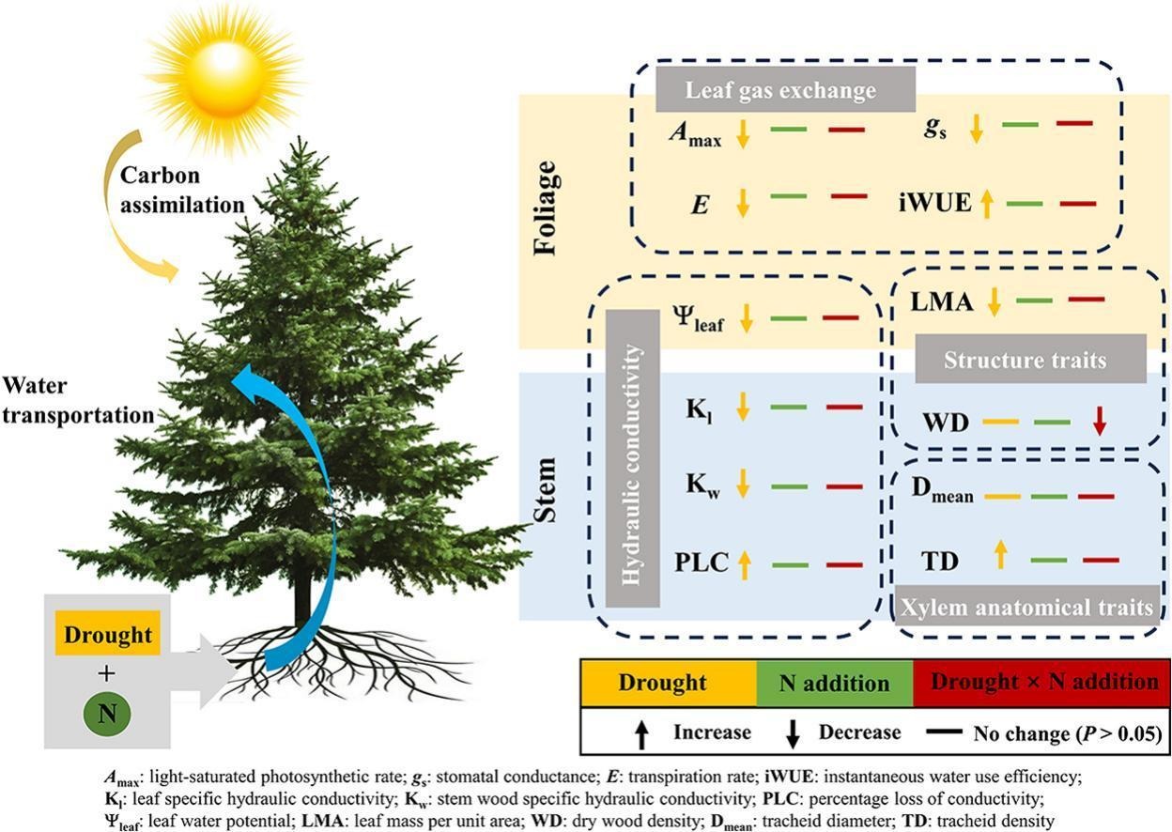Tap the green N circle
[x=107, y=714]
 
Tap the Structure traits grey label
[x=1030, y=361]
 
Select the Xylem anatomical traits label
[x=1026, y=608]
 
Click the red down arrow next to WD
[x=1100, y=422]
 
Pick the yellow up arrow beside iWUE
[x=987, y=203]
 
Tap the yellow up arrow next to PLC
[x=745, y=563]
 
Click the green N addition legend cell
[x=834, y=683]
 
